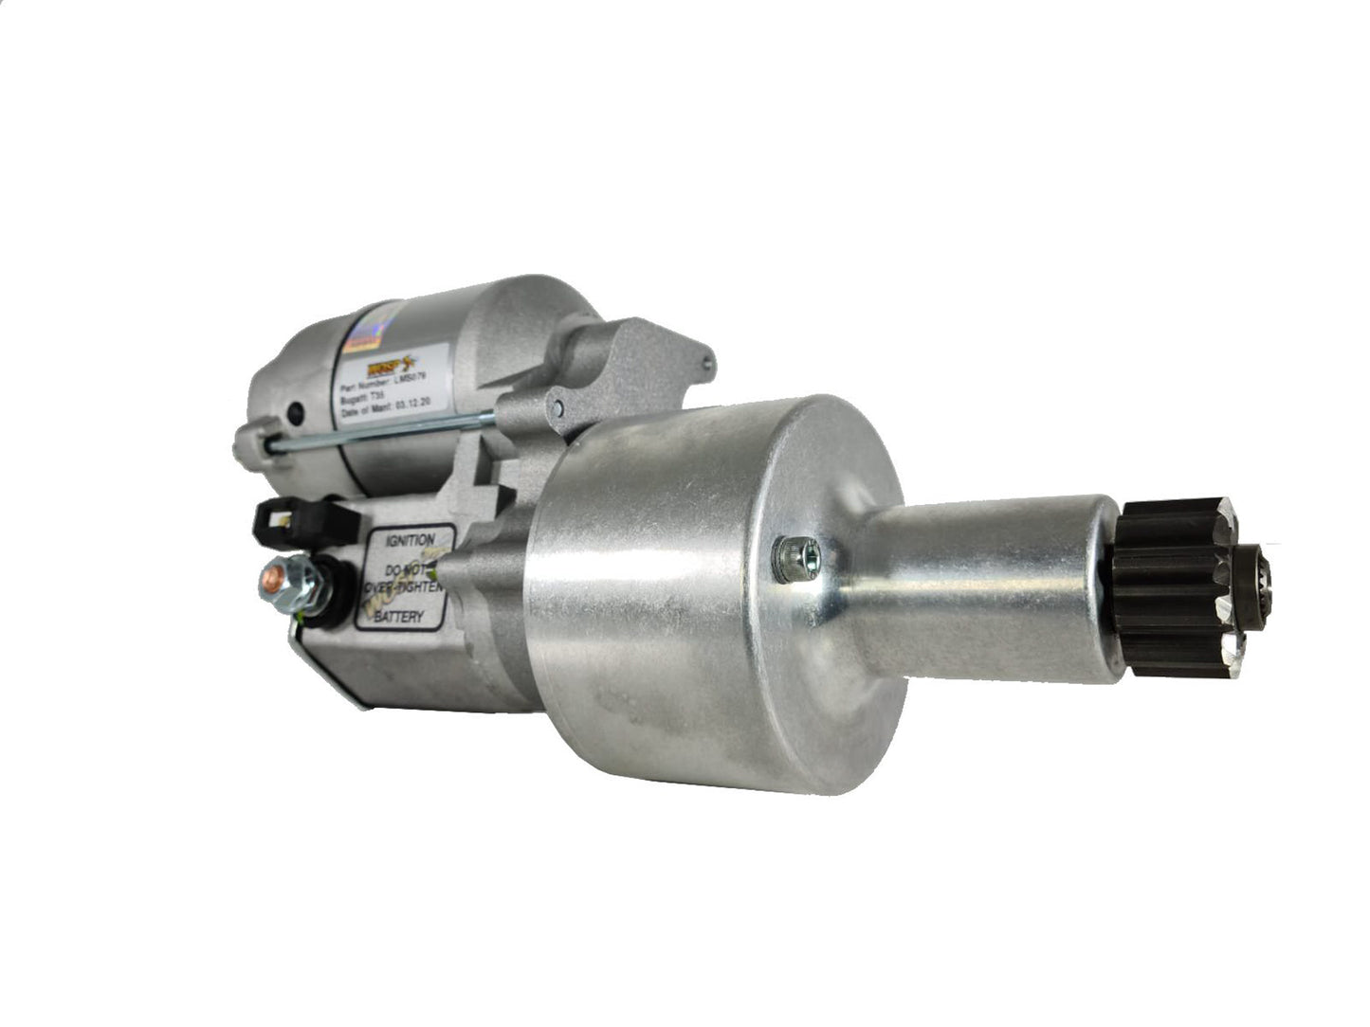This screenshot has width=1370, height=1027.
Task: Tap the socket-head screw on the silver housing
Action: coord(788,559)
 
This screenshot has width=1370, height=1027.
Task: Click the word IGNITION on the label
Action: coord(409,541)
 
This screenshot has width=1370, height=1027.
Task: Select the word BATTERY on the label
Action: coord(399,617)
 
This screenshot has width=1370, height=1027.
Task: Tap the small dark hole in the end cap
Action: coord(295,413)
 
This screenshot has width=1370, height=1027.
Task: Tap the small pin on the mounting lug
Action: coord(560,407)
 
